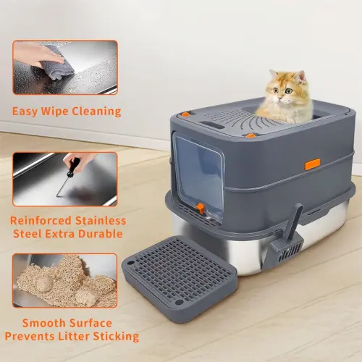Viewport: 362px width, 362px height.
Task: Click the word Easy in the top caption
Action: (25, 111)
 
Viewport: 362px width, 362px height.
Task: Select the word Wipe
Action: (55, 111)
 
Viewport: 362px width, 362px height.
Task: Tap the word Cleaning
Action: (96, 111)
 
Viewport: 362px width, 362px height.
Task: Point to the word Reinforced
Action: (41, 221)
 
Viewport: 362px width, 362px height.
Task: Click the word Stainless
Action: (101, 221)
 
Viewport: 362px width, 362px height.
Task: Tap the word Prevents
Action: (30, 336)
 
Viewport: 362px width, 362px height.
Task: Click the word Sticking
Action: (116, 337)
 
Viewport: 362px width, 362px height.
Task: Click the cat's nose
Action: (280, 97)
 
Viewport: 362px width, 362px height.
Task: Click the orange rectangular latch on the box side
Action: (313, 164)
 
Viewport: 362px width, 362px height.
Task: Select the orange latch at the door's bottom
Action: (200, 209)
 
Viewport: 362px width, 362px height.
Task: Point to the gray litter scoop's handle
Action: (296, 220)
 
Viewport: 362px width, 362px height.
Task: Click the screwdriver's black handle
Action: (72, 167)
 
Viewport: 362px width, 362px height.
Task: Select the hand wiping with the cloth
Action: (36, 55)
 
